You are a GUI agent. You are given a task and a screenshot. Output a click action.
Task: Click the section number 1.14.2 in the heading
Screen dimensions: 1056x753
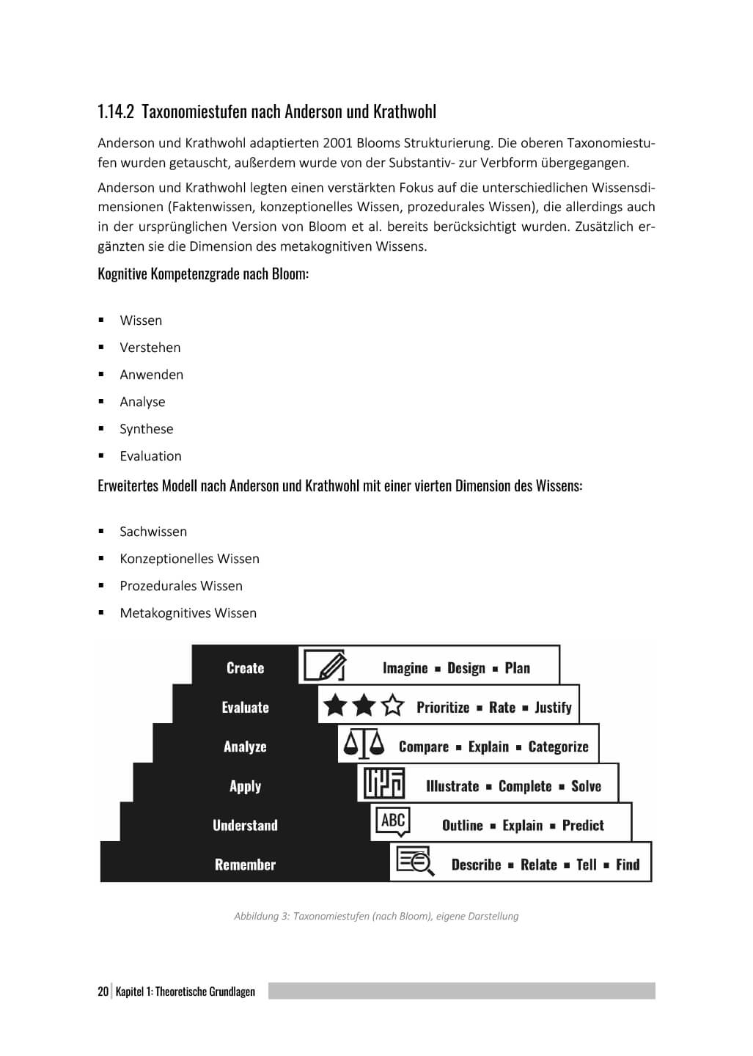click(116, 112)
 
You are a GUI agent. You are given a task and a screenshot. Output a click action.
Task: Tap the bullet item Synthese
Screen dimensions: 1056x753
click(146, 429)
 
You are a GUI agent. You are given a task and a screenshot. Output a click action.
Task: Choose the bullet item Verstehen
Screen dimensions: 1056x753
click(150, 348)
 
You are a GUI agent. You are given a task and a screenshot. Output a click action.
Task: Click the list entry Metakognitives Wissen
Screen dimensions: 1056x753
click(188, 613)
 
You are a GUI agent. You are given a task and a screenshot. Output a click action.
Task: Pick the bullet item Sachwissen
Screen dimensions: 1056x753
click(153, 532)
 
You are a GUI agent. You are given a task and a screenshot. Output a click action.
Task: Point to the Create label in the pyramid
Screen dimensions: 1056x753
click(245, 668)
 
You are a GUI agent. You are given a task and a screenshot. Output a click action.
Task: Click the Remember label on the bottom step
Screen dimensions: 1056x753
click(245, 865)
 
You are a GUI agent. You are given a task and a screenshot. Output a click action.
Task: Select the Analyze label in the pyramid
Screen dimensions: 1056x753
click(245, 747)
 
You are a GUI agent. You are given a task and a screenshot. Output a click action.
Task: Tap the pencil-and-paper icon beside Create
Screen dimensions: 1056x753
click(324, 666)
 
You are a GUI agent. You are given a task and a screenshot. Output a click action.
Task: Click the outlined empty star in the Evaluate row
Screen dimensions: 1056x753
click(394, 706)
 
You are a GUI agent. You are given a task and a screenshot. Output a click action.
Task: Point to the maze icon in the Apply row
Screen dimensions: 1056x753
click(384, 783)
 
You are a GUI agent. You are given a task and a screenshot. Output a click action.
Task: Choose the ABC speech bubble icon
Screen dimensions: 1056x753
click(393, 821)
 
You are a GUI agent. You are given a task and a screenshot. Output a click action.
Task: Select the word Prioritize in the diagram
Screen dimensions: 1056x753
click(443, 708)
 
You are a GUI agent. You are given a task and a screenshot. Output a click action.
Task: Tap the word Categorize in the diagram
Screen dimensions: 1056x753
click(558, 747)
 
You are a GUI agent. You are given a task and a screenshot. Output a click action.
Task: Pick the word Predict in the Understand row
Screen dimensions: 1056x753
click(583, 826)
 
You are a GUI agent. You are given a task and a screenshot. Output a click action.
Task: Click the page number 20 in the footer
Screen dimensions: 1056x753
click(103, 991)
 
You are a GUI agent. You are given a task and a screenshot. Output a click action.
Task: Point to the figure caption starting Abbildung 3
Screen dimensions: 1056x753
click(376, 916)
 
